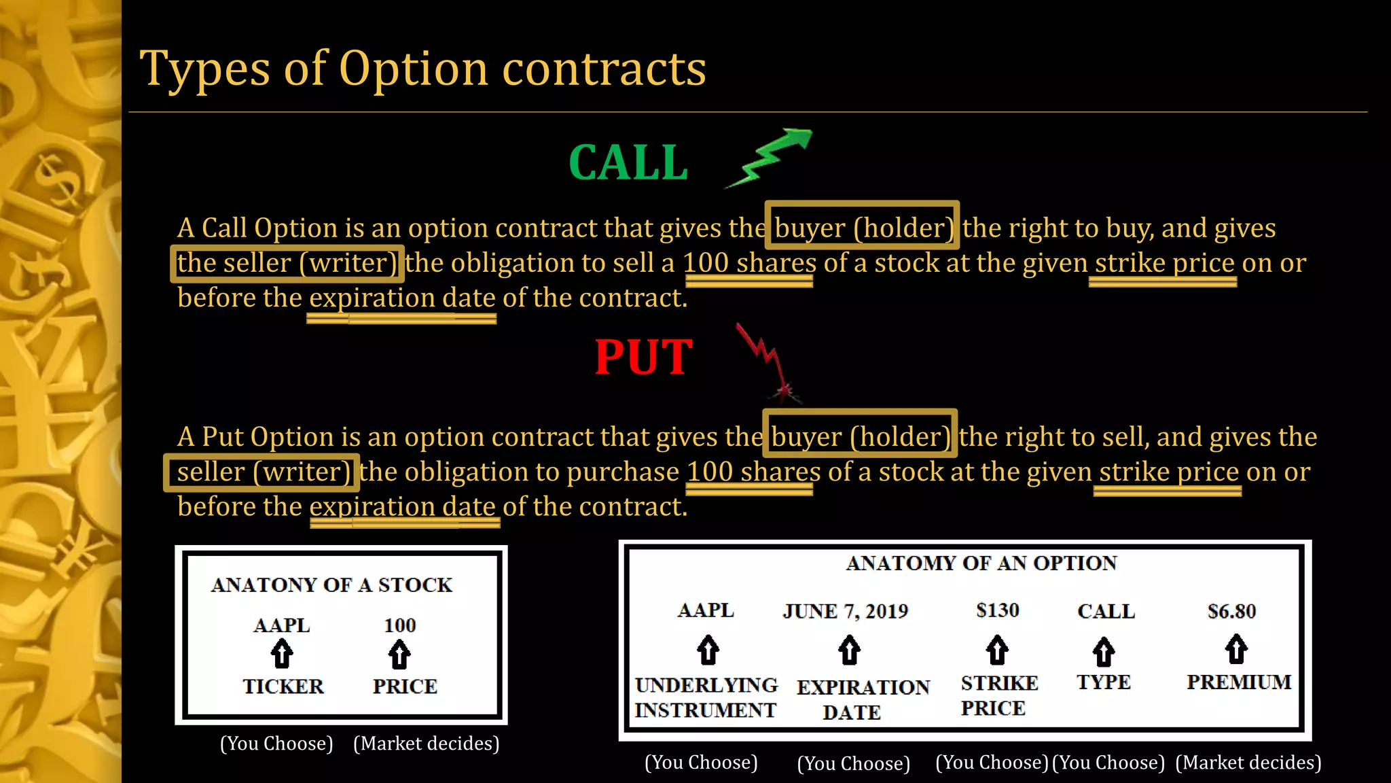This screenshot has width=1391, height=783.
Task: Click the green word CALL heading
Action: [628, 163]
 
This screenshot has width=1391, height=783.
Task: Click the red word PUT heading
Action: [643, 358]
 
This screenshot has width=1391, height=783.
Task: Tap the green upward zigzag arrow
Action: [771, 156]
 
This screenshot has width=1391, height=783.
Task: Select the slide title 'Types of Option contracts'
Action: [422, 69]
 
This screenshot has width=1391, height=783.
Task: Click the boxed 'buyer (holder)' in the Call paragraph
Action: [863, 228]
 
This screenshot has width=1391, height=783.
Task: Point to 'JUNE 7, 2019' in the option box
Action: [845, 611]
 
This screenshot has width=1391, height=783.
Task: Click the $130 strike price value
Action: [997, 610]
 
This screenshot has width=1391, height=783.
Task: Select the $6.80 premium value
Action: [1231, 611]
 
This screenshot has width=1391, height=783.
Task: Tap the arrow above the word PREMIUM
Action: [1236, 649]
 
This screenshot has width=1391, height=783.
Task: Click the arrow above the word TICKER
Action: [282, 655]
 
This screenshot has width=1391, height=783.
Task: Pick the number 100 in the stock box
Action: [399, 625]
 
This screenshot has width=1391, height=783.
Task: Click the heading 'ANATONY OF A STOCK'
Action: [331, 585]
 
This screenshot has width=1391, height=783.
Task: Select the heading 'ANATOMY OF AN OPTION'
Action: [981, 563]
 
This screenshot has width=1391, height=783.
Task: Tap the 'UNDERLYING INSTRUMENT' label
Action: [706, 697]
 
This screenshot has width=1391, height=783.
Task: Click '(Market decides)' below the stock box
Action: [427, 744]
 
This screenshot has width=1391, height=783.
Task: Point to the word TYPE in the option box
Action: [1103, 682]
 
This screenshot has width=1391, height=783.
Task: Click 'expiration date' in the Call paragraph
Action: [402, 298]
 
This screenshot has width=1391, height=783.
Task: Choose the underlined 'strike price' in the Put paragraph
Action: [1168, 472]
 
